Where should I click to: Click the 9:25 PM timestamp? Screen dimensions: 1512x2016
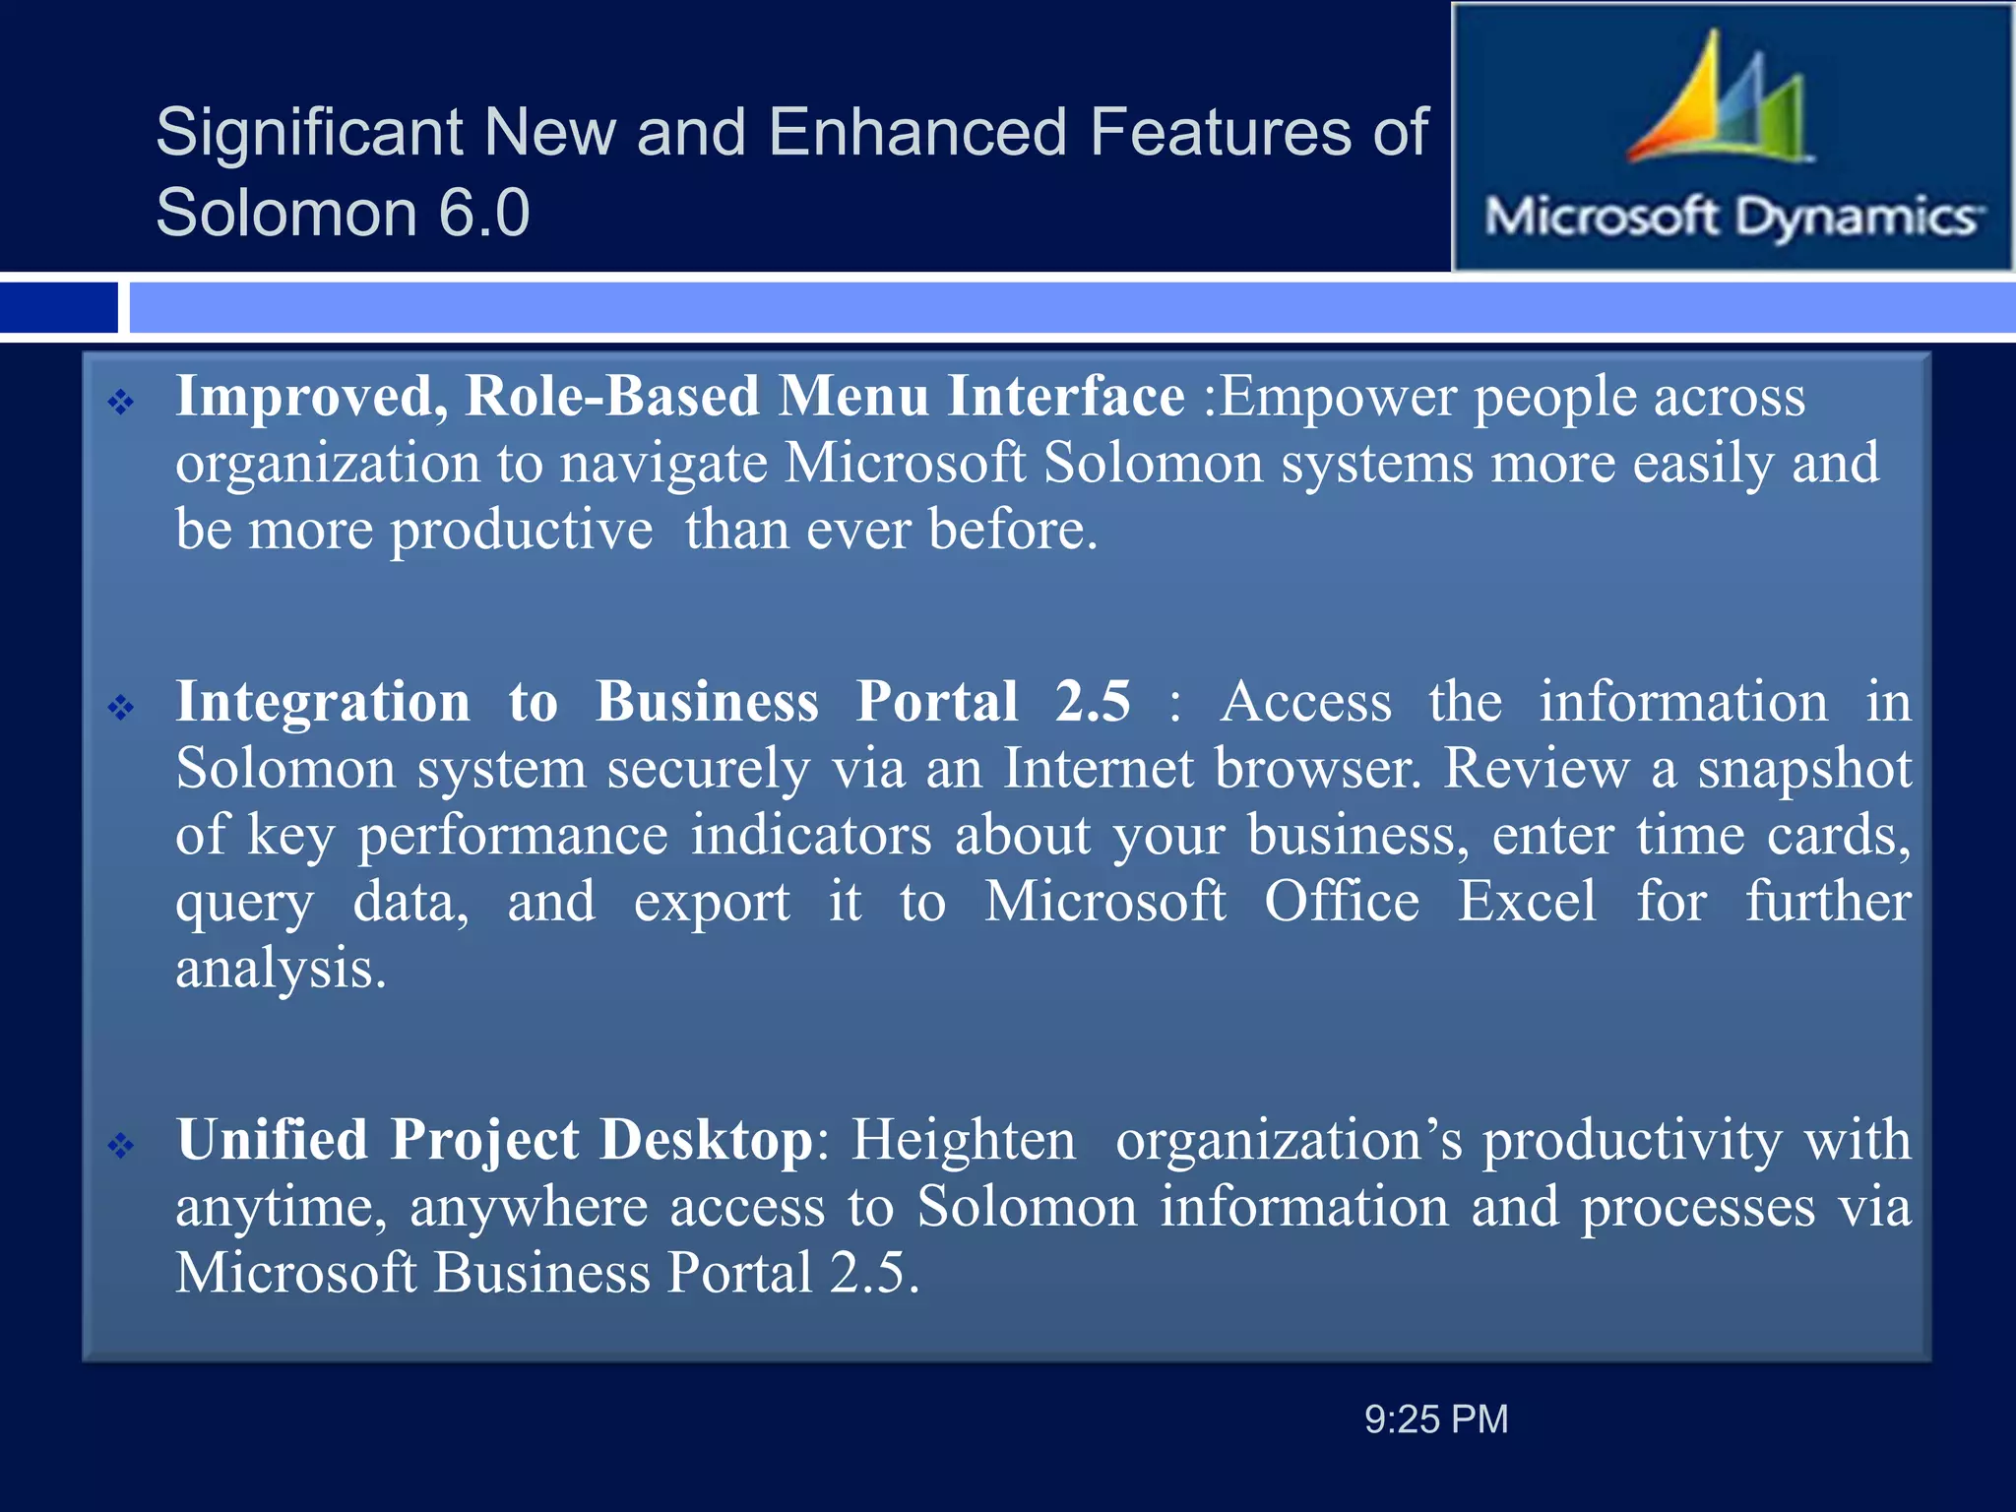pyautogui.click(x=1436, y=1419)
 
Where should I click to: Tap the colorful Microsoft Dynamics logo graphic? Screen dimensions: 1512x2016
pyautogui.click(x=1718, y=103)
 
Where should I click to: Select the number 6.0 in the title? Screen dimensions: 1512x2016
pyautogui.click(x=483, y=213)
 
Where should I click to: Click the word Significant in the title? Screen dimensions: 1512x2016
pyautogui.click(x=309, y=132)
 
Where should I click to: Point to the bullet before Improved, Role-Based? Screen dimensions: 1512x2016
pyautogui.click(x=121, y=402)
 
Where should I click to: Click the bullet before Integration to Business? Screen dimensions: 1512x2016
pyautogui.click(x=121, y=707)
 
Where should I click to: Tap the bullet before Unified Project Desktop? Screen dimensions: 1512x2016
pyautogui.click(x=121, y=1145)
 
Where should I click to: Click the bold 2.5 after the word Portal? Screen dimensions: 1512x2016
pyautogui.click(x=1093, y=702)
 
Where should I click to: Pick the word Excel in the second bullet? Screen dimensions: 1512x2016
pyautogui.click(x=1527, y=902)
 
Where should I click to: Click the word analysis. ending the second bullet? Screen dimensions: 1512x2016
pyautogui.click(x=281, y=969)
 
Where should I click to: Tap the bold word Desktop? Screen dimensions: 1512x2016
pyautogui.click(x=707, y=1140)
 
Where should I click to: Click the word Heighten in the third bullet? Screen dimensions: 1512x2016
pyautogui.click(x=964, y=1140)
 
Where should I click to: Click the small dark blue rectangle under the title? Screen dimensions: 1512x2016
pyautogui.click(x=58, y=307)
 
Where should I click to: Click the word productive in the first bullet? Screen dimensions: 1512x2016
pyautogui.click(x=522, y=531)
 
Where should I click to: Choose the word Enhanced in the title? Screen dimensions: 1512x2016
pyautogui.click(x=917, y=132)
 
